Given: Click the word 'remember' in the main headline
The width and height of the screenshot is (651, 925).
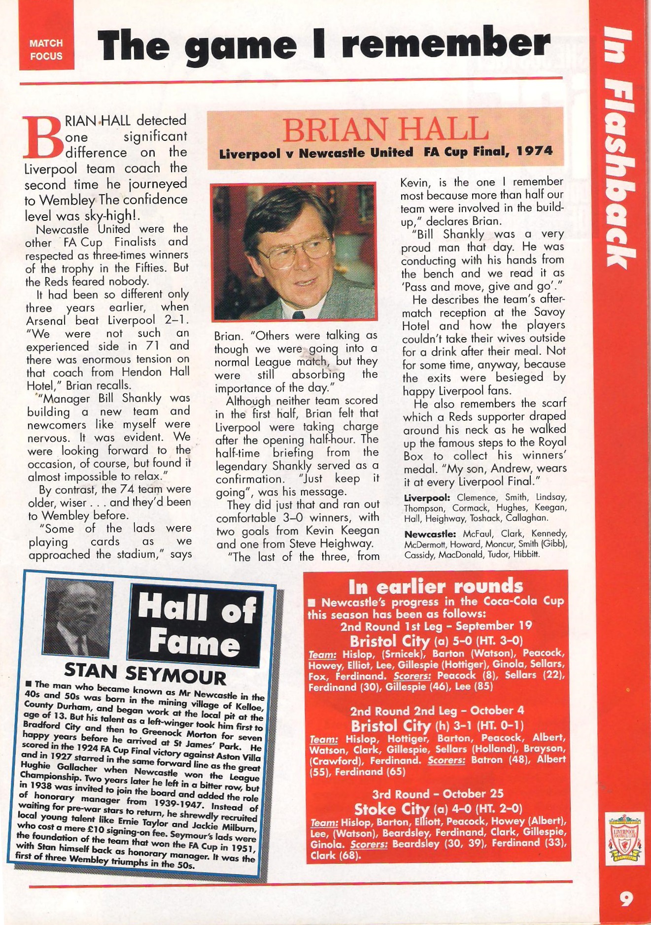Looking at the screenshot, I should point(445,44).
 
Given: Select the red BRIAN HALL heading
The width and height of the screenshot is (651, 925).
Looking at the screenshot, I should point(385,129).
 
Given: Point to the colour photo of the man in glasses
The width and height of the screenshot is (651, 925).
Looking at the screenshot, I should point(294,252).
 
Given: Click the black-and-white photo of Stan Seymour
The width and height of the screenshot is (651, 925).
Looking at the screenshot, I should point(79,618).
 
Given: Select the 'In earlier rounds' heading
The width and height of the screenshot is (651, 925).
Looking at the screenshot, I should point(436,586).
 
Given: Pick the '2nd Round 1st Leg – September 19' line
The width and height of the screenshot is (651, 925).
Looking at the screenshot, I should point(436,626).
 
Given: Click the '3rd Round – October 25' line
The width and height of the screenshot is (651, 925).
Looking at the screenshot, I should point(438,794).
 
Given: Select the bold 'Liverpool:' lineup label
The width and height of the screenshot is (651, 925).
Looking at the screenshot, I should point(427,498).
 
